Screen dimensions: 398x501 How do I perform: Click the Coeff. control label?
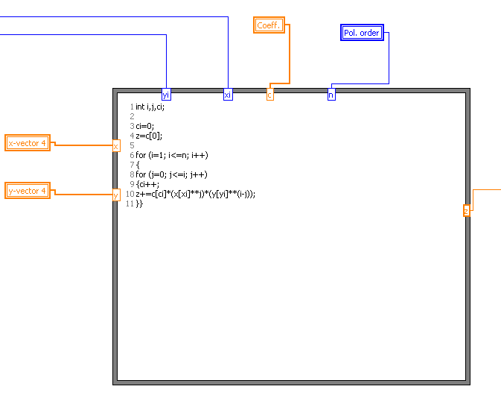point(269,25)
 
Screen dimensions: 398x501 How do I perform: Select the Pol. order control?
point(362,33)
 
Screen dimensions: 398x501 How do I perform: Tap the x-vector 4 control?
point(28,143)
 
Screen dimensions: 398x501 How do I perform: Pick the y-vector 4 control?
point(28,191)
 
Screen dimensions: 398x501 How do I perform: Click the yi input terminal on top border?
point(166,95)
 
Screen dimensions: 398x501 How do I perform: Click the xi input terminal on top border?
point(228,95)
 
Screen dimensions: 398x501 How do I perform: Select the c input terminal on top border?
point(269,95)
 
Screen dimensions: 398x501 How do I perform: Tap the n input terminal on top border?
point(331,95)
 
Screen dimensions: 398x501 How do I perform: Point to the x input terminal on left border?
point(115,146)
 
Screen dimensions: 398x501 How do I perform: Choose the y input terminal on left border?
point(115,195)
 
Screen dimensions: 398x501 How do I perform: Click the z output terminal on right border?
point(467,211)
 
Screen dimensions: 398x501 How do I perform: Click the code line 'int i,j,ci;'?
point(150,107)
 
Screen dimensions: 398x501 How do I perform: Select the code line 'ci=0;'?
point(144,126)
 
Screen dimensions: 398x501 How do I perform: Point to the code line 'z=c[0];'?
point(149,136)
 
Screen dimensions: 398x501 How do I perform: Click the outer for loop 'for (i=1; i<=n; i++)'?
point(171,155)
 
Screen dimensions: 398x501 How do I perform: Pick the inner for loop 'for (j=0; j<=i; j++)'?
point(171,174)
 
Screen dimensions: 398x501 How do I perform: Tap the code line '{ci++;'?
point(147,184)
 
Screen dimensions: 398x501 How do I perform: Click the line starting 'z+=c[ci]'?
point(195,194)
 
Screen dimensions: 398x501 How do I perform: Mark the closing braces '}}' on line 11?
point(139,203)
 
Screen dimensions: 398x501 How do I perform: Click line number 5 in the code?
point(132,145)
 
